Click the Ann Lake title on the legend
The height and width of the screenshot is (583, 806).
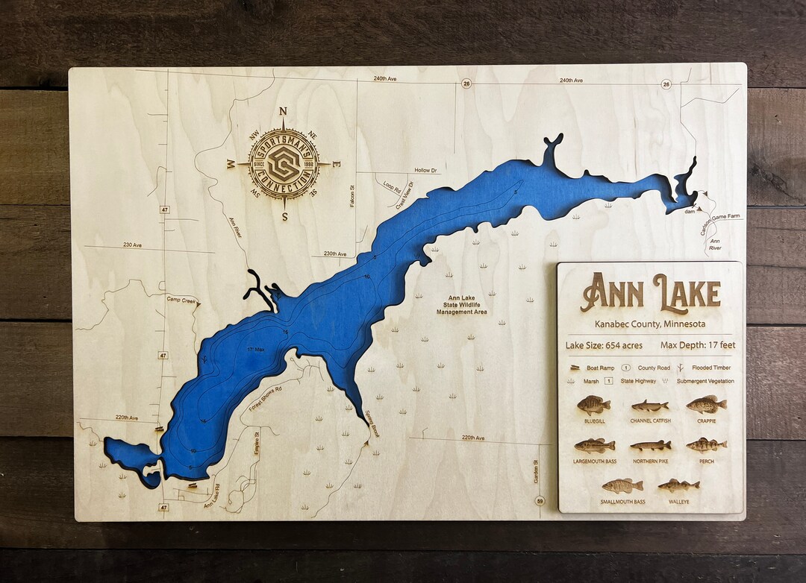pyautogui.click(x=650, y=292)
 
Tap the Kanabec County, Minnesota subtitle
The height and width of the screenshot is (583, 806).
pyautogui.click(x=650, y=324)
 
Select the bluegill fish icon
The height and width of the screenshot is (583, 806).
pyautogui.click(x=594, y=406)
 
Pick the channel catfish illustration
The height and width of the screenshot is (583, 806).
pyautogui.click(x=650, y=406)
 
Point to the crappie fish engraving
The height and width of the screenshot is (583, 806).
pyautogui.click(x=706, y=405)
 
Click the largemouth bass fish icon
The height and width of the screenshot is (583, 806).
pyautogui.click(x=595, y=446)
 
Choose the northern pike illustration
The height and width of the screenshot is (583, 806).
pyautogui.click(x=650, y=446)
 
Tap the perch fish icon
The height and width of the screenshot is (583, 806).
pyautogui.click(x=706, y=445)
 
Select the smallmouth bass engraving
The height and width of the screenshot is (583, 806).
pyautogui.click(x=622, y=486)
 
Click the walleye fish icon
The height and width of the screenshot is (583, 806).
pyautogui.click(x=678, y=486)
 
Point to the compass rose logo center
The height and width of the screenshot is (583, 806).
pyautogui.click(x=284, y=164)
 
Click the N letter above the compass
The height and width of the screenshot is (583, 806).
pyautogui.click(x=283, y=112)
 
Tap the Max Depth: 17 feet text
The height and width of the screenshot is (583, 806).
pyautogui.click(x=698, y=345)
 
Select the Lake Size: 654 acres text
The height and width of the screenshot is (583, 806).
pyautogui.click(x=603, y=345)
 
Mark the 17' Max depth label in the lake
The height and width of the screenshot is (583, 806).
pyautogui.click(x=256, y=349)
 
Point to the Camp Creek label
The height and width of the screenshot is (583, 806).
pyautogui.click(x=181, y=300)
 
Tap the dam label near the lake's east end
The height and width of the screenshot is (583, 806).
pyautogui.click(x=690, y=212)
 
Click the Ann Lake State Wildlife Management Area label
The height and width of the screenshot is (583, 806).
pyautogui.click(x=461, y=305)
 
